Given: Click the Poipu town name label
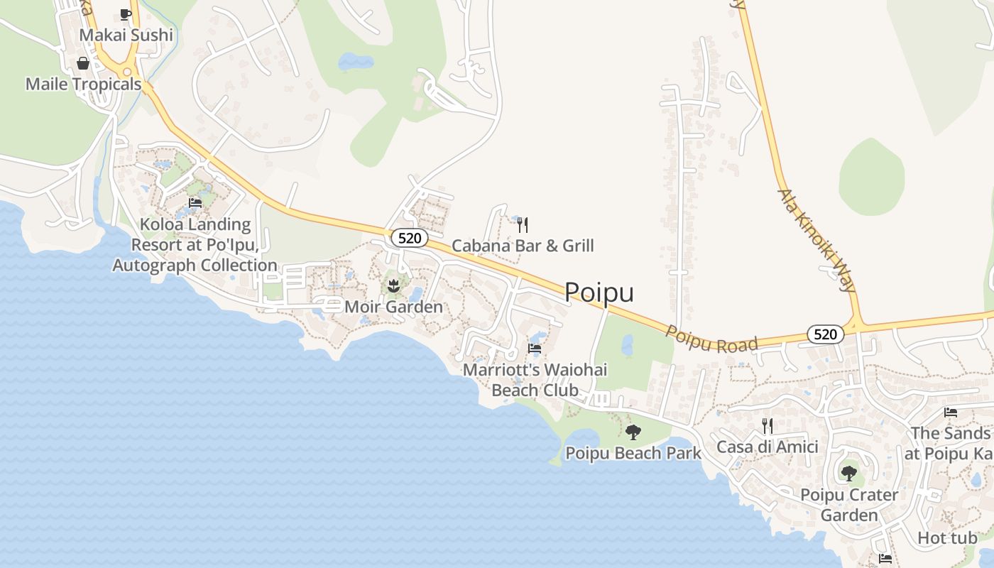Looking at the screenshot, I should (599, 293).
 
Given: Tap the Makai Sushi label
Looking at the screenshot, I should (126, 35).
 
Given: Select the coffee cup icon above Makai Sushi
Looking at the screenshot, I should (126, 13).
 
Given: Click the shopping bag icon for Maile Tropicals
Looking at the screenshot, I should (83, 63).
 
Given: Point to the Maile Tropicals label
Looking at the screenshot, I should (84, 84).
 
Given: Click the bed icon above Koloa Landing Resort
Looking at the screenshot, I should (195, 203).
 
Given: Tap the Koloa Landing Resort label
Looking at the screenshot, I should (195, 245).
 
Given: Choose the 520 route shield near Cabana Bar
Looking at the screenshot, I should (410, 238).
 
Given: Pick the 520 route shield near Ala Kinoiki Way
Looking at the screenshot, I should (825, 334).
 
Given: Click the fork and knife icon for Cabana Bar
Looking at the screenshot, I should (523, 225).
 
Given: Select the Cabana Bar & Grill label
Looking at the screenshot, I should (523, 246).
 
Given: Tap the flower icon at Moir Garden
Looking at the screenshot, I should (393, 286).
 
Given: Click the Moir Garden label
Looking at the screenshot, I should (393, 307).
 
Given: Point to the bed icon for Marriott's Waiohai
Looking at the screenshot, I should (535, 349).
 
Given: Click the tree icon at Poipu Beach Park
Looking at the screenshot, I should (633, 432).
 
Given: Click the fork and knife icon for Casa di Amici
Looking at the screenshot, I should (767, 426).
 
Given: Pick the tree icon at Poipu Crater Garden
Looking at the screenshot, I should (849, 473).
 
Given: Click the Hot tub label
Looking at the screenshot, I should (947, 538).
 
